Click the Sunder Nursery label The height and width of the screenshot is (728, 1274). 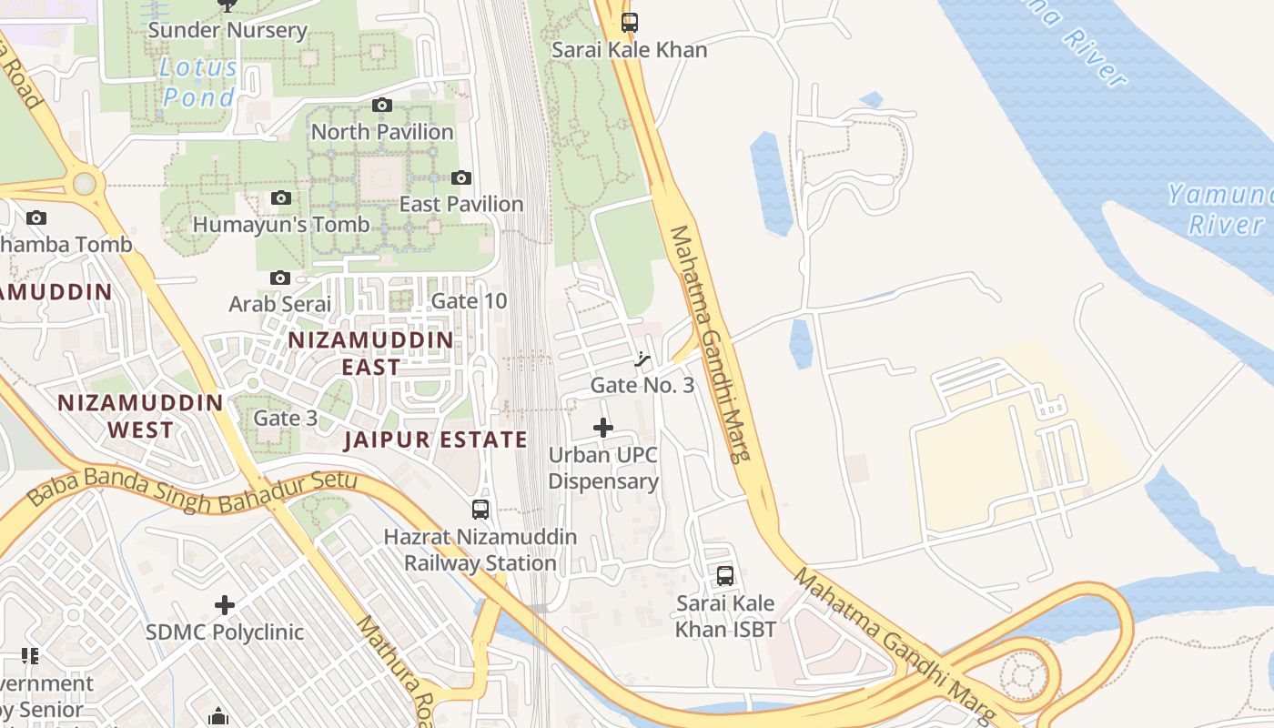tap(227, 30)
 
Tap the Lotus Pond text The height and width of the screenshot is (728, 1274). tap(198, 82)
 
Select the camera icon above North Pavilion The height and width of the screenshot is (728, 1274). tap(382, 106)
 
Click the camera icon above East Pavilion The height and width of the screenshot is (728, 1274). tap(461, 177)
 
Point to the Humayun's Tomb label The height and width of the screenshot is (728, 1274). tap(281, 224)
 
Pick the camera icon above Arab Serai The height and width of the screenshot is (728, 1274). tap(280, 278)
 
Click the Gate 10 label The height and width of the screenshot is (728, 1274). tap(469, 300)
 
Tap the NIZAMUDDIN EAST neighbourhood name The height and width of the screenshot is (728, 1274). tap(370, 353)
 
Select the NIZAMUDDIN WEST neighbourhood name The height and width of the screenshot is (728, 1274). tap(140, 416)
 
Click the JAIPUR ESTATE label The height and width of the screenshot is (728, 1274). tap(436, 440)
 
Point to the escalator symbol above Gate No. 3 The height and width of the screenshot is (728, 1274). tap(642, 359)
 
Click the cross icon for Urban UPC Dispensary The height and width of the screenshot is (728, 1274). tap(603, 428)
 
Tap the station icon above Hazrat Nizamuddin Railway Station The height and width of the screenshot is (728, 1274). tap(480, 510)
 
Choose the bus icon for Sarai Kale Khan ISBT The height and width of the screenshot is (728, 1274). tap(725, 575)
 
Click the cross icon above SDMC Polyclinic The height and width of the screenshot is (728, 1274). tap(225, 605)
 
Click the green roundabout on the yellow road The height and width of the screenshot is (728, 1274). tap(85, 184)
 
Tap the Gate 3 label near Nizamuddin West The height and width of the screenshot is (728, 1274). tap(286, 418)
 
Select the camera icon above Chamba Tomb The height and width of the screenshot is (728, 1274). tap(36, 217)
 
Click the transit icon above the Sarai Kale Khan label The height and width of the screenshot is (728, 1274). tap(630, 23)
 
